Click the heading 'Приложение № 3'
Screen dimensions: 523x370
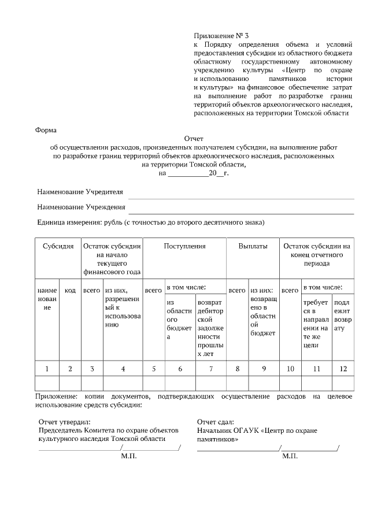click(x=221, y=36)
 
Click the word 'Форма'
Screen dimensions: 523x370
click(x=46, y=130)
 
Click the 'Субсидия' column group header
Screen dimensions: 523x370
click(x=58, y=246)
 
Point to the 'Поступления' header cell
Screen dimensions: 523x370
click(x=184, y=246)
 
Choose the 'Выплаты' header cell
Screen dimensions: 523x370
click(x=253, y=246)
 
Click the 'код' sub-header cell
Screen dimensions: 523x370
click(x=70, y=290)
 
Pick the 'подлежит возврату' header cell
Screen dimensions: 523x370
click(x=343, y=315)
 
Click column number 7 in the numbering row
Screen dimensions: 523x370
click(x=210, y=368)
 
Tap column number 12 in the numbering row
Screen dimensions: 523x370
click(x=343, y=368)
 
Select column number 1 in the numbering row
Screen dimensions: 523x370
click(x=47, y=368)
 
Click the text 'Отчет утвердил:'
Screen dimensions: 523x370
click(x=61, y=422)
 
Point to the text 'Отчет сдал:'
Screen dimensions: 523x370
click(x=215, y=422)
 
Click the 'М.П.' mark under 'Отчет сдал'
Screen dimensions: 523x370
click(x=290, y=456)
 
